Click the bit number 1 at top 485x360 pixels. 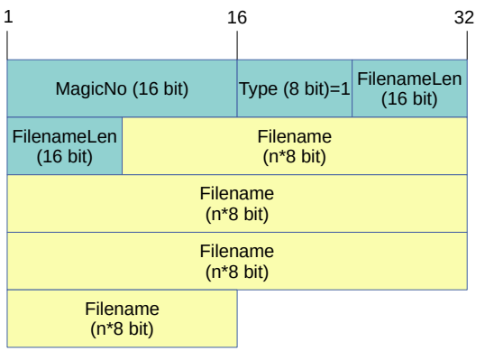7,17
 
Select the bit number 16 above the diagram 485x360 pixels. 237,17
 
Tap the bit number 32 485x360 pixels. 465,17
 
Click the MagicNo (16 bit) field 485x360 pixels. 122,89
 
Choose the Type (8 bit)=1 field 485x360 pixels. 294,89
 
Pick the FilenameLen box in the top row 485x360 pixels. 409,89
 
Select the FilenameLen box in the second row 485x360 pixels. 65,146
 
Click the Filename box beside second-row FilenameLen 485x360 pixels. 294,146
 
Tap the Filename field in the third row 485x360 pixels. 237,204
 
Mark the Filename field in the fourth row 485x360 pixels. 237,261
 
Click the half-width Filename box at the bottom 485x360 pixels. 122,318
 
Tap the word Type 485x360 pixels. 257,89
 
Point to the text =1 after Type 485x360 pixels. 341,89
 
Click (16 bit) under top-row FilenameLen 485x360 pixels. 409,98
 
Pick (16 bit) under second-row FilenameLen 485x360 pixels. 65,156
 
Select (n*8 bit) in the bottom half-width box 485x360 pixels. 122,328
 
